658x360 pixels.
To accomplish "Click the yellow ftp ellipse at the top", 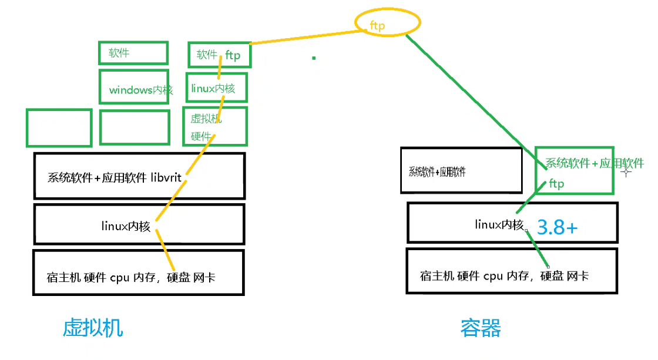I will pos(388,24).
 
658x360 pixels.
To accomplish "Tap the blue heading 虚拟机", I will pos(93,328).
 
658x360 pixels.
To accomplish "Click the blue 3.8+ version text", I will pos(558,227).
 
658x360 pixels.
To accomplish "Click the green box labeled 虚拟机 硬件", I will pos(215,126).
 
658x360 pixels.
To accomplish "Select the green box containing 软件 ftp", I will pos(219,55).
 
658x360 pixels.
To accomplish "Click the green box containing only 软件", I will pos(133,53).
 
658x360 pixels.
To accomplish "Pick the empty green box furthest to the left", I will pos(59,127).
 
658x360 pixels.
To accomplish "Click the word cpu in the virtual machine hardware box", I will pos(119,277).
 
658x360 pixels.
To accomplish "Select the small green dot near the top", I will pos(314,58).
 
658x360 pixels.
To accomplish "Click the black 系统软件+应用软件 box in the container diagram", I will pos(461,170).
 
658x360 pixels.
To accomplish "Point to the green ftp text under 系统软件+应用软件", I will pos(556,184).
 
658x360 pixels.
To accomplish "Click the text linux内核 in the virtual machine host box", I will pos(127,227).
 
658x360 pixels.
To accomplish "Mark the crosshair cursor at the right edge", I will pos(626,171).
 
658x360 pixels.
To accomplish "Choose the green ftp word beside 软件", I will pos(233,55).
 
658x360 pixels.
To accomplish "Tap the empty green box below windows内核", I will pos(135,127).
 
